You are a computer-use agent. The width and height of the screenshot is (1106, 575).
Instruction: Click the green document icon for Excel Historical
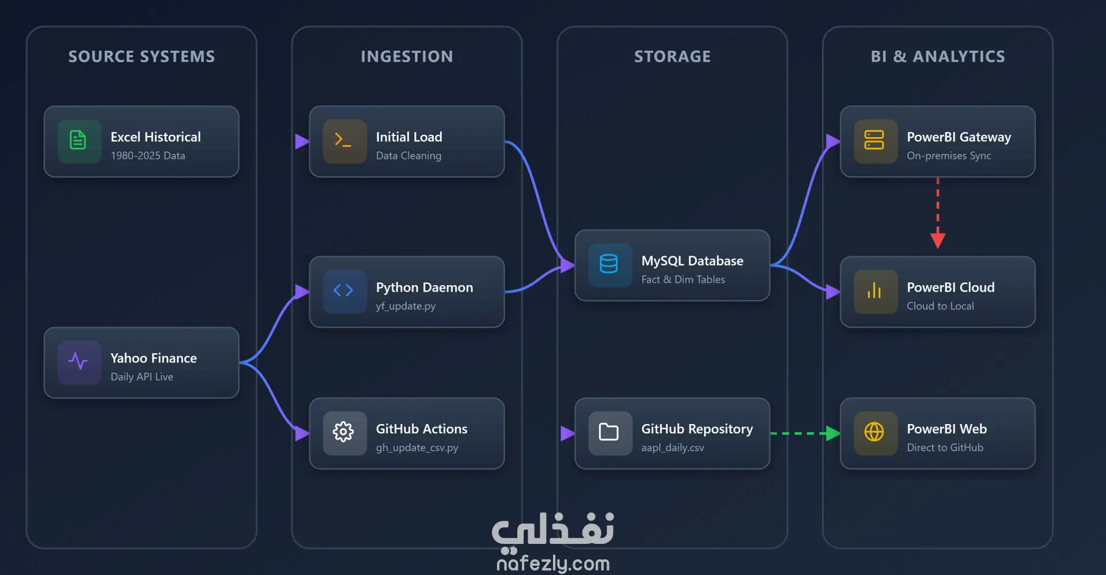(x=78, y=141)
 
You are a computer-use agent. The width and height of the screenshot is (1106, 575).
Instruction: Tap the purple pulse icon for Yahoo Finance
(x=78, y=362)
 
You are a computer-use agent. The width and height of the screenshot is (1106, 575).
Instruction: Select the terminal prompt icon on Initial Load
(x=343, y=141)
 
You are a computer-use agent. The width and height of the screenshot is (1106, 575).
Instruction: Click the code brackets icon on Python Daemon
(x=343, y=290)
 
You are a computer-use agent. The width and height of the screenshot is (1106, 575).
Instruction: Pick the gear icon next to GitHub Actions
(x=343, y=432)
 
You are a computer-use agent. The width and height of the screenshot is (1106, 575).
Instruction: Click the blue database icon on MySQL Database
(x=609, y=264)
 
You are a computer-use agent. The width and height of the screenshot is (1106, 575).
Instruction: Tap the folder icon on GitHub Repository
(x=609, y=432)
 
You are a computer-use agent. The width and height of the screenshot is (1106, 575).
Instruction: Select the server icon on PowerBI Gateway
(x=874, y=141)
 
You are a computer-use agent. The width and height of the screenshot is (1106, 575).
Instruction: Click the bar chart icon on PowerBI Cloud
(x=874, y=290)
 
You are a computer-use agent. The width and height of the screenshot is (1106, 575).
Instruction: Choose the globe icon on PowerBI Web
(x=874, y=432)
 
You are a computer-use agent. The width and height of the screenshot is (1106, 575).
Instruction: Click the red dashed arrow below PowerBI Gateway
(x=938, y=213)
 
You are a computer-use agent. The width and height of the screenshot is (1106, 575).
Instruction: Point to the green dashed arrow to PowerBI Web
(x=805, y=433)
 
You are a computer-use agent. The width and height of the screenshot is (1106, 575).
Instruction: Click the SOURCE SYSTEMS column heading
(x=142, y=56)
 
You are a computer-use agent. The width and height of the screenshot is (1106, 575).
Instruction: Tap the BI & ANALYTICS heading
(x=938, y=56)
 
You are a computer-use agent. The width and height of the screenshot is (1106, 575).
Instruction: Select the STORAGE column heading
(x=672, y=56)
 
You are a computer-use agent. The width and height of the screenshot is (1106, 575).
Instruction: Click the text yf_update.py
(x=406, y=306)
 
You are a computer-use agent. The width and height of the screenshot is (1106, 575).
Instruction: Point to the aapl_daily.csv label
(x=673, y=448)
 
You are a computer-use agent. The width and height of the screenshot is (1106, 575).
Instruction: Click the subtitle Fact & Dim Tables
(x=683, y=279)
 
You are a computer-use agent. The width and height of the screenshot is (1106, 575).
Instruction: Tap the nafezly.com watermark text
(x=553, y=563)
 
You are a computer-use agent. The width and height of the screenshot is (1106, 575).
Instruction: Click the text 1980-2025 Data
(x=148, y=156)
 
